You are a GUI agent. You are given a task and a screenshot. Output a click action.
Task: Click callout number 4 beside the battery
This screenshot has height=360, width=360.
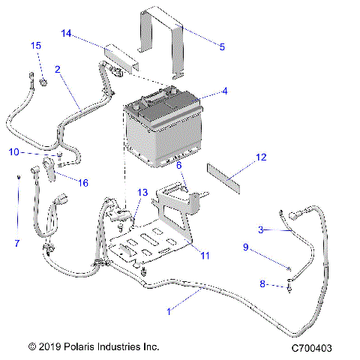tap(223, 92)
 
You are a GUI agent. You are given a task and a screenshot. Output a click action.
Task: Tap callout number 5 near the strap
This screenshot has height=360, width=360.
tap(222, 47)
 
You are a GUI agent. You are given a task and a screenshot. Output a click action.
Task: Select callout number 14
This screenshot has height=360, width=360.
tap(66, 34)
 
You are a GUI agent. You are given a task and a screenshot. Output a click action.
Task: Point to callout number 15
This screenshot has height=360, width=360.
tap(34, 46)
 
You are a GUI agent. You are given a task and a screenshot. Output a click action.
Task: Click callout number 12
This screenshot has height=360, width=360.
tap(261, 157)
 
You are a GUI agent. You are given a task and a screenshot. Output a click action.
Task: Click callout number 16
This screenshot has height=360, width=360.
tap(83, 182)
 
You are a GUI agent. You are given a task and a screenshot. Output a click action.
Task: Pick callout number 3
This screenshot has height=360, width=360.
tap(260, 229)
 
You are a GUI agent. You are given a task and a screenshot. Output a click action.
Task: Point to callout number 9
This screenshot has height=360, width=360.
tap(244, 247)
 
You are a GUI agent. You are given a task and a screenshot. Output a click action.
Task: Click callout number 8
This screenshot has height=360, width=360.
tap(262, 284)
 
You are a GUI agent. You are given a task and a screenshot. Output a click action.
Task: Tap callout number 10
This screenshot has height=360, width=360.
tap(13, 152)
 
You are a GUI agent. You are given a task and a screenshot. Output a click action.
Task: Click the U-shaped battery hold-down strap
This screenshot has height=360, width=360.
tap(160, 41)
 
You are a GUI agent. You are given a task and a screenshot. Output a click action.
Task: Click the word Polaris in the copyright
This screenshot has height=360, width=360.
tap(87, 347)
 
